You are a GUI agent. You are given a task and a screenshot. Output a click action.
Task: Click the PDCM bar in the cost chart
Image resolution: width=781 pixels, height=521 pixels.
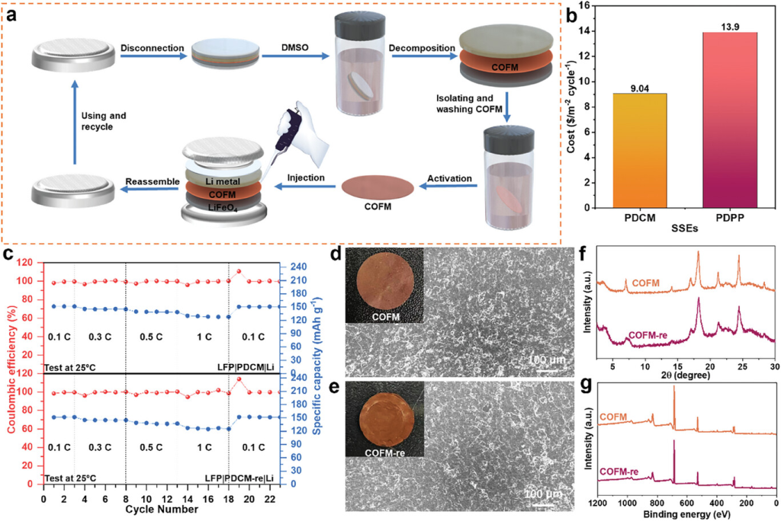click(637, 150)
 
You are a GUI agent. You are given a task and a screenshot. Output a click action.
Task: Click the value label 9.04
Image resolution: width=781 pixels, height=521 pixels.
click(637, 87)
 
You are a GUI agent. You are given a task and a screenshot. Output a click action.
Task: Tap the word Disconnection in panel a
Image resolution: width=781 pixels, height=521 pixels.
click(152, 48)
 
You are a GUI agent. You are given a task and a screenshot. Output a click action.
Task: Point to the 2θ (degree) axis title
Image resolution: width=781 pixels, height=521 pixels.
click(687, 376)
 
